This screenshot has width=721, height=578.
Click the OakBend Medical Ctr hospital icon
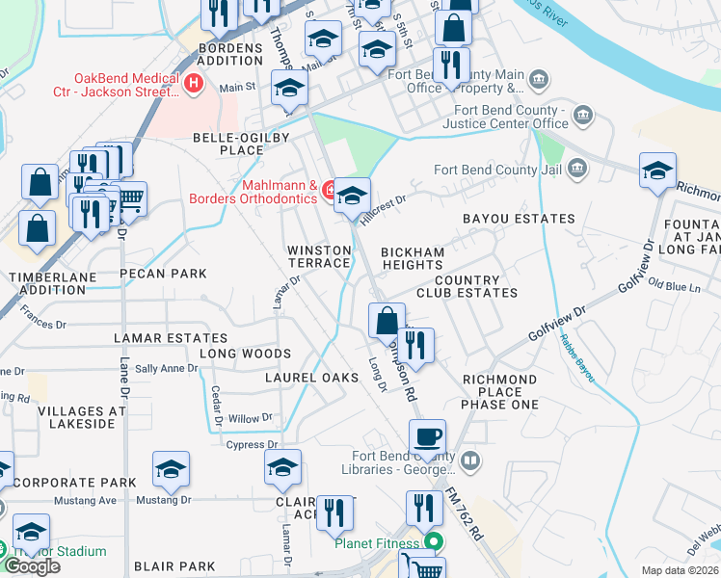194,84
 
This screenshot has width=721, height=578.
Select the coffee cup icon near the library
427,436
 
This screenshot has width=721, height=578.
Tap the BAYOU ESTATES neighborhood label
519,219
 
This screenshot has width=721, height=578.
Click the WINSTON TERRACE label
320,256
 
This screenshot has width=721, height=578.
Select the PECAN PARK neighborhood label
163,274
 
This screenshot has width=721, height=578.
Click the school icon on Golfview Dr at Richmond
658,171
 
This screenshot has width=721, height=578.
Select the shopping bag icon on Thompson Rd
387,320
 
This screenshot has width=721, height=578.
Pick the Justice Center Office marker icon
583,117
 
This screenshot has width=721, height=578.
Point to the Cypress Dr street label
252,445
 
